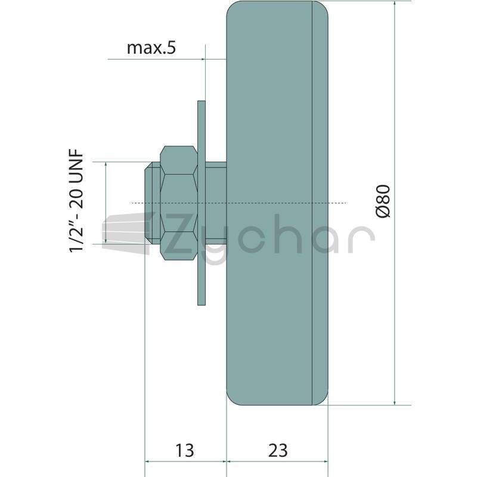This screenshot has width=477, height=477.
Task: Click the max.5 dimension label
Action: pyautogui.click(x=151, y=48)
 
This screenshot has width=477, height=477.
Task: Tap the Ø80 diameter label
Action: pyautogui.click(x=383, y=201)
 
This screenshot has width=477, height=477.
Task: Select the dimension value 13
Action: pyautogui.click(x=185, y=450)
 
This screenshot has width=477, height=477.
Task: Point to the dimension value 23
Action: pyautogui.click(x=278, y=450)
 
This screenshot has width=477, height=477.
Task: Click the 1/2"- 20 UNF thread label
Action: pyautogui.click(x=76, y=201)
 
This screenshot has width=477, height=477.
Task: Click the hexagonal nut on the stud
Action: pyautogui.click(x=179, y=203)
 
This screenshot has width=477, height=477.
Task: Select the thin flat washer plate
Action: pyautogui.click(x=202, y=203)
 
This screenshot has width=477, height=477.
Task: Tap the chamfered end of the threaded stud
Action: pyautogui.click(x=152, y=203)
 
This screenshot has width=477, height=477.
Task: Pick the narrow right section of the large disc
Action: pyautogui.click(x=320, y=203)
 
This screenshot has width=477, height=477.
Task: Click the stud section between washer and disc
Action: pyautogui.click(x=216, y=203)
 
